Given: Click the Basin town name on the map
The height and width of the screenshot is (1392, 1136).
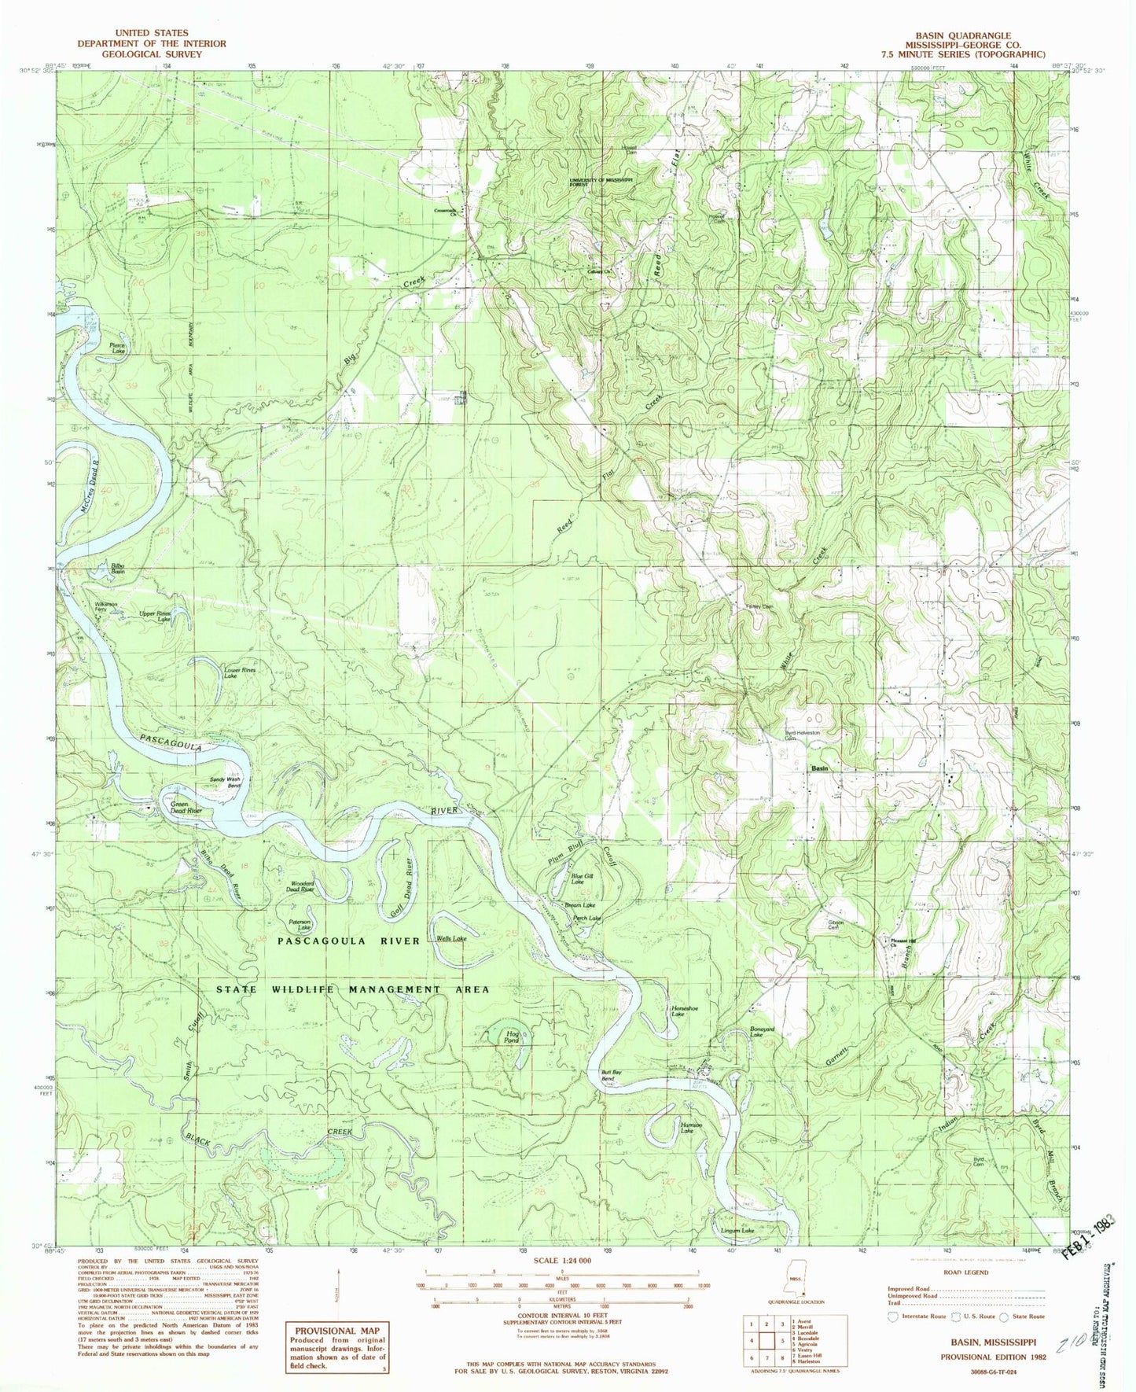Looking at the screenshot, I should click(820, 768).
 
